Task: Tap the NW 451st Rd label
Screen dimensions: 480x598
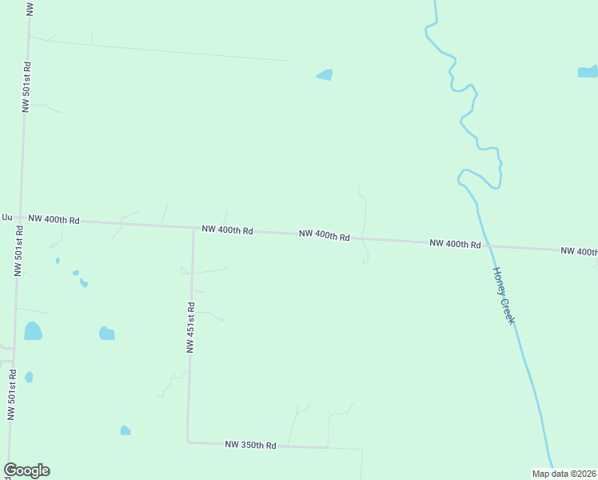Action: tap(190, 327)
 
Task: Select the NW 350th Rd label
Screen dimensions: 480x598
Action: tap(250, 445)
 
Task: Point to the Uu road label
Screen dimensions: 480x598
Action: tap(7, 217)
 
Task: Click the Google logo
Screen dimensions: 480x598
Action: tap(26, 470)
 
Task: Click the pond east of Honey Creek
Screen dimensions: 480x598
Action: tap(587, 72)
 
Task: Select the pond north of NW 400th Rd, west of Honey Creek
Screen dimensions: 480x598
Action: tap(325, 74)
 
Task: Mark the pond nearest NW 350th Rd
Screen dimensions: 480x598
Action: tap(125, 430)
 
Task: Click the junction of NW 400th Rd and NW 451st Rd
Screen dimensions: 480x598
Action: tap(193, 228)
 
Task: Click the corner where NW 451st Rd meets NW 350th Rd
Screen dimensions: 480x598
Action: tap(188, 440)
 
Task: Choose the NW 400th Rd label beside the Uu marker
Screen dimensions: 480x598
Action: tap(54, 219)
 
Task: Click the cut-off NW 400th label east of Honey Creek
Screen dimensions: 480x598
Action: tap(578, 251)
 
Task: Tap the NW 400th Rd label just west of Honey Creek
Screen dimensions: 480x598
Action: tap(454, 243)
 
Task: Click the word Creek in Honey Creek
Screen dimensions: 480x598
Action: tap(508, 308)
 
